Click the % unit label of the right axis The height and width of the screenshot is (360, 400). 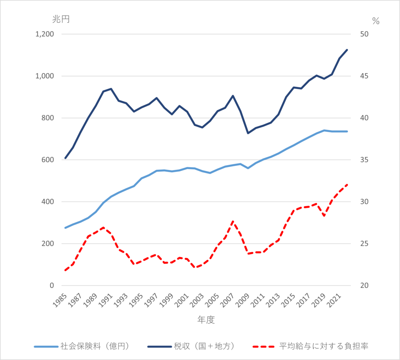(376, 21)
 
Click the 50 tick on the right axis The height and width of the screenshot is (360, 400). (364, 34)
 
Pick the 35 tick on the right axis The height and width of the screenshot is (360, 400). (364, 160)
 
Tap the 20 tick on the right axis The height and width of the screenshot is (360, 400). (364, 286)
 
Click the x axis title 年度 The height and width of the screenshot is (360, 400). (206, 320)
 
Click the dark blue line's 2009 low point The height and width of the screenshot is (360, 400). (248, 133)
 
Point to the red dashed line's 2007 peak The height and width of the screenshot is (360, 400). (233, 221)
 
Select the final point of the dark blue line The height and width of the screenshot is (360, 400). (347, 50)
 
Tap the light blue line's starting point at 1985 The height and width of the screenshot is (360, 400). (65, 228)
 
